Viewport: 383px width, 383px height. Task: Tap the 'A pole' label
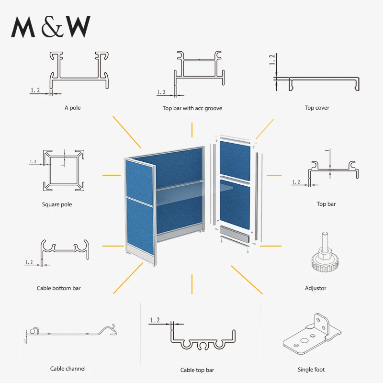coord(73,108)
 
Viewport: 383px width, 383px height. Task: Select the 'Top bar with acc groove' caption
coord(192,108)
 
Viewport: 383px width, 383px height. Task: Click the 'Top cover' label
coord(317,108)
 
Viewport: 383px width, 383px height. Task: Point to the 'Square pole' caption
coord(57,204)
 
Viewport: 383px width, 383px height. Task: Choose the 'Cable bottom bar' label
coord(59,288)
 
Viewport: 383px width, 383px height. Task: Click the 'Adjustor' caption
coord(315,288)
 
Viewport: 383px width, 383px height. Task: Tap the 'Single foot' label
coord(311,370)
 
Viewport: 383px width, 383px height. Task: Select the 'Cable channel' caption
coord(68,369)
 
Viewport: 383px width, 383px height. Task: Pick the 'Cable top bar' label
coord(197,370)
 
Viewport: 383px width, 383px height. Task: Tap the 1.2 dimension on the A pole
coord(35,90)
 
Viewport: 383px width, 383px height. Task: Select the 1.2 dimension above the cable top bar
coord(155,320)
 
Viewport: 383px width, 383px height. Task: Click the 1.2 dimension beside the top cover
coord(272,60)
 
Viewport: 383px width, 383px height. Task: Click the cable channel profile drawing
coord(72,333)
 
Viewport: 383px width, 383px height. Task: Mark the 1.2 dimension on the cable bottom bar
coord(29,262)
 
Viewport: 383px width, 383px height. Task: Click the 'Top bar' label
coord(326,204)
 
